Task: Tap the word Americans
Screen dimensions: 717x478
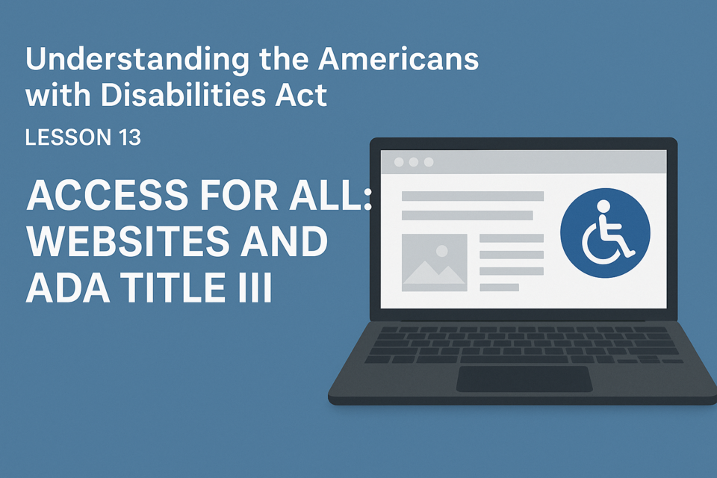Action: click(398, 58)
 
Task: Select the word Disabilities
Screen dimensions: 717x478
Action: click(183, 95)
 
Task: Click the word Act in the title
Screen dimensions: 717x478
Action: click(301, 95)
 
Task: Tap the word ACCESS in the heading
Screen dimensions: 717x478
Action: click(108, 196)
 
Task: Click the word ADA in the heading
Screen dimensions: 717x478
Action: click(68, 287)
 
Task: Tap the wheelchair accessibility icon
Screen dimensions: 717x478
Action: click(605, 233)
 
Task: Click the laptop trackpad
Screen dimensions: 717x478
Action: click(524, 379)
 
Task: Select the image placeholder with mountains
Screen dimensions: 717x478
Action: click(435, 263)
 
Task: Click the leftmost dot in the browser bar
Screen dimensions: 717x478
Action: click(399, 162)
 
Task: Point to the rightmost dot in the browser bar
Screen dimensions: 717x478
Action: click(429, 162)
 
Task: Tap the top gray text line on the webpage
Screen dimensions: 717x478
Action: click(472, 196)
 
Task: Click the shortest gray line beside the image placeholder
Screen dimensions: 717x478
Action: click(500, 288)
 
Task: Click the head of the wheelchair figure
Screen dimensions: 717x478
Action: click(603, 206)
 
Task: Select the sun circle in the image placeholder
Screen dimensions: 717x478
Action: click(441, 251)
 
